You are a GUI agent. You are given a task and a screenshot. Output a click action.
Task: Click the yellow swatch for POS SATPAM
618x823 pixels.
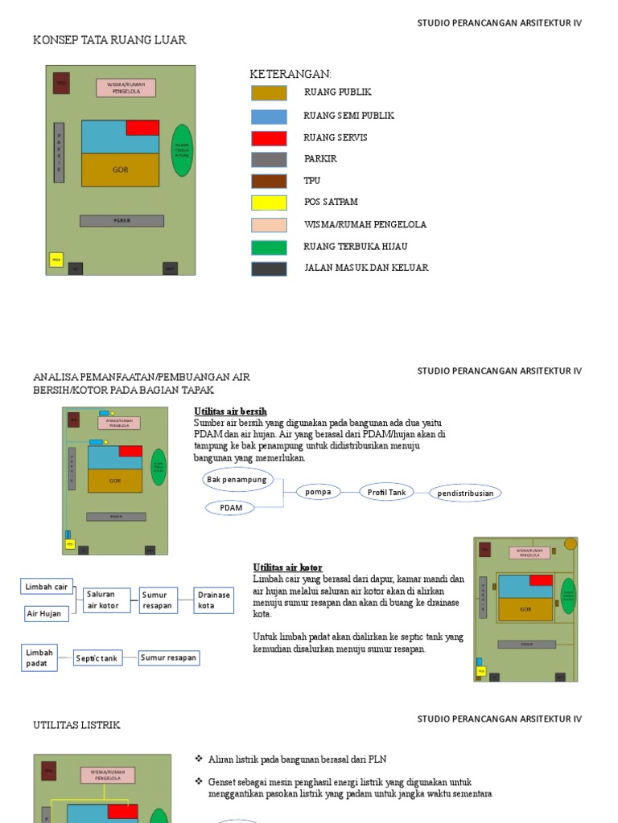pos(269,203)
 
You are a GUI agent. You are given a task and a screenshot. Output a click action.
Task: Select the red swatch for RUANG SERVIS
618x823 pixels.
pos(269,137)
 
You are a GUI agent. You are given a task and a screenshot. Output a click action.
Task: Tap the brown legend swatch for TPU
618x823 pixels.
pos(269,181)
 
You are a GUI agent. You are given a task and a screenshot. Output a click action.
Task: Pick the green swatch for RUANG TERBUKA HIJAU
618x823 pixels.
pos(269,247)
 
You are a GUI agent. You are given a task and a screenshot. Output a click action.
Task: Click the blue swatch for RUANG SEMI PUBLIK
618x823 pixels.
pos(269,116)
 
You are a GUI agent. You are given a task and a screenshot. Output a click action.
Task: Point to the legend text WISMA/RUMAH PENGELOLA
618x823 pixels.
pos(365,224)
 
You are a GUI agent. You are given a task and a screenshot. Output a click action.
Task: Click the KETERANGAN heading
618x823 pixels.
pos(290,74)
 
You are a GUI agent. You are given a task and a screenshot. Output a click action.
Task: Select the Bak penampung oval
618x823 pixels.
pos(237,480)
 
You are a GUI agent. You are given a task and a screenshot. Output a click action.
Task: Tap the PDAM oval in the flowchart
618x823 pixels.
pos(231,508)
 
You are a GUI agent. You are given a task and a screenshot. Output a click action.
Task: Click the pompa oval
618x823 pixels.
pos(319,492)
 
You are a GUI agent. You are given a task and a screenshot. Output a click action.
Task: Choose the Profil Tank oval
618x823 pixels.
pos(386,492)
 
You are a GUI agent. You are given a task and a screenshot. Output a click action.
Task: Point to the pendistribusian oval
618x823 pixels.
pos(465,493)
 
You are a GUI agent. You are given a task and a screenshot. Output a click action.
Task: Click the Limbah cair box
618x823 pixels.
pos(47,587)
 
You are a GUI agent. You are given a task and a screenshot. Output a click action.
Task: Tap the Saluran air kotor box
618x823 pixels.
pos(106,600)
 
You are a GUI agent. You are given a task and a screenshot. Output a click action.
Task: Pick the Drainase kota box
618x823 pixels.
pos(214,600)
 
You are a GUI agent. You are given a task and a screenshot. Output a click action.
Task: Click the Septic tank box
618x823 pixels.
pos(97,658)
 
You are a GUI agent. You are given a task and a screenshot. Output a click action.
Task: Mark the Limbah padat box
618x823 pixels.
pos(39,657)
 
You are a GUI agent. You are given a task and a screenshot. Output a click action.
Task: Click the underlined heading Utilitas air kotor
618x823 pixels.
pos(287,567)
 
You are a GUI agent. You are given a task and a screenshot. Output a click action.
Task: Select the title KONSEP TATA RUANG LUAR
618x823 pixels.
pos(109,39)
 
